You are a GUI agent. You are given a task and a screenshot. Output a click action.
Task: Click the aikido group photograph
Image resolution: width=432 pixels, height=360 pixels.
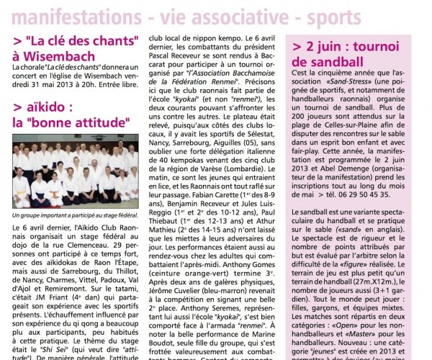coord(76,176)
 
